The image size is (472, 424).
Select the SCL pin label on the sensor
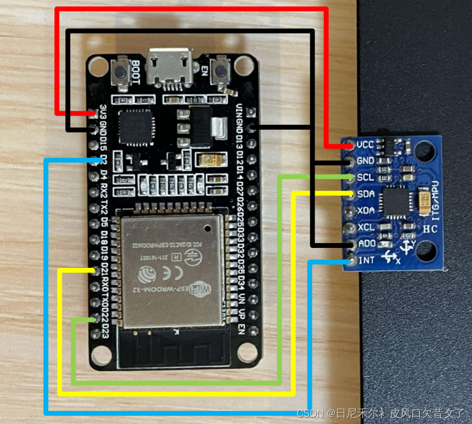366,178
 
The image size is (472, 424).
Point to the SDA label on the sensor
366,194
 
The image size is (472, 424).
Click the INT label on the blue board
366,260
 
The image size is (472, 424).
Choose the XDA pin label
366,211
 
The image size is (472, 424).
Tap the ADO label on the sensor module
366,244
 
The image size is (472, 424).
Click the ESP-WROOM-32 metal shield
172,270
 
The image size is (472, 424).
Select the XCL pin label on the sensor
366,227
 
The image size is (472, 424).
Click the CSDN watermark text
310,414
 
